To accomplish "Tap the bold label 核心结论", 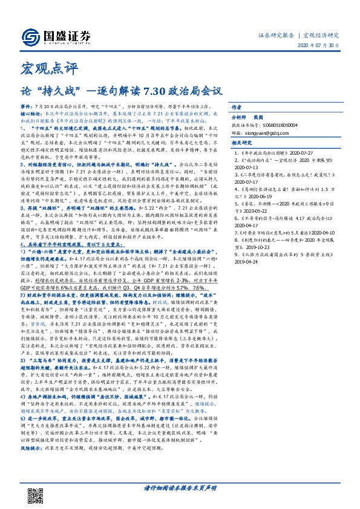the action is (x=30, y=113).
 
